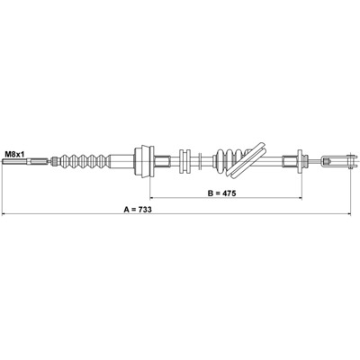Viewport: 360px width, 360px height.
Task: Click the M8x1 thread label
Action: click(x=14, y=155)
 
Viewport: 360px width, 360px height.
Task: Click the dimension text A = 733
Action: click(x=138, y=210)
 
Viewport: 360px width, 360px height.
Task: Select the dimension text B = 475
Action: click(x=222, y=193)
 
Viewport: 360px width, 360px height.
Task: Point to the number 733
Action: click(x=145, y=210)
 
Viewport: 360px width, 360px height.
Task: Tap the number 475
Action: click(x=229, y=193)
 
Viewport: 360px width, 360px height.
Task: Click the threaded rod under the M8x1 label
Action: click(x=24, y=162)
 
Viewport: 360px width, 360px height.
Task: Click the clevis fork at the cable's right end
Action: click(x=337, y=161)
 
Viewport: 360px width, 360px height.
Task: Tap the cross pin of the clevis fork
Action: click(x=349, y=161)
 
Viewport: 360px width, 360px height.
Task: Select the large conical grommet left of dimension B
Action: click(x=143, y=162)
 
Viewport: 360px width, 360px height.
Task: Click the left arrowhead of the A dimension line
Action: click(x=4, y=214)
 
